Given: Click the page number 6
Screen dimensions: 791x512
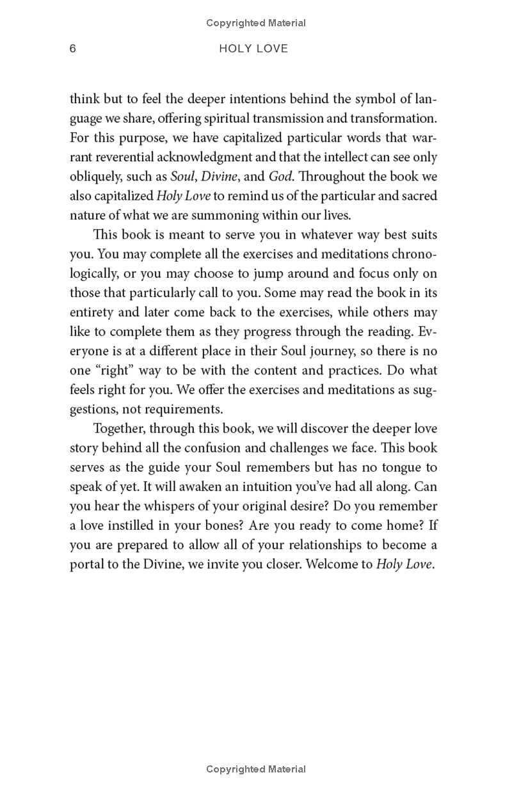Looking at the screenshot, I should pyautogui.click(x=73, y=49).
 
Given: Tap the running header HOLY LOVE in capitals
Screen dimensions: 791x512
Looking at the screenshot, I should pyautogui.click(x=253, y=49).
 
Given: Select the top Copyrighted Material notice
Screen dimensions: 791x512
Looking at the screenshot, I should pyautogui.click(x=256, y=23).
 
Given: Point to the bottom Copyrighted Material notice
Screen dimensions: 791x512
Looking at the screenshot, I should pyautogui.click(x=256, y=769).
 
